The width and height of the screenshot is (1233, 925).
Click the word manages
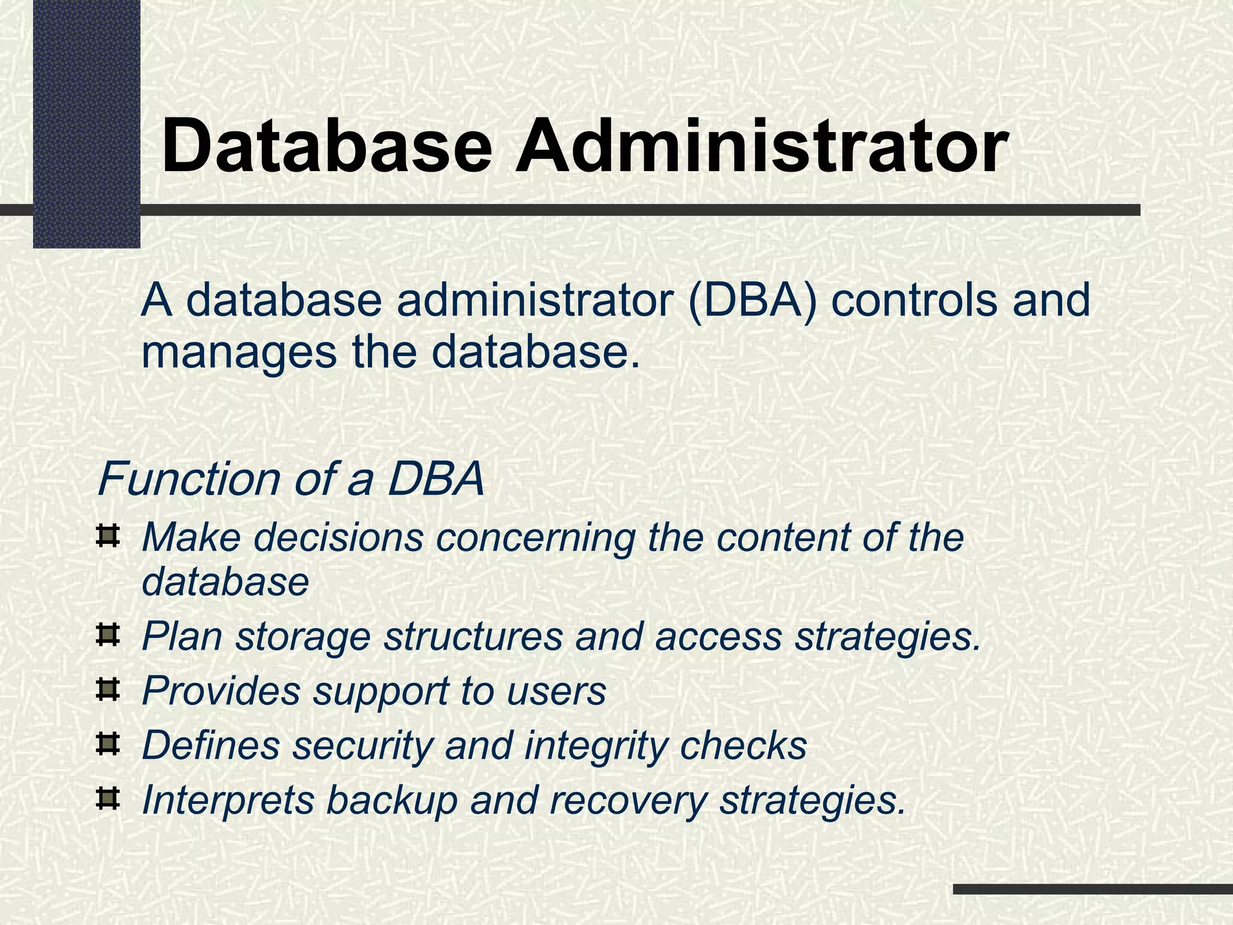(x=238, y=352)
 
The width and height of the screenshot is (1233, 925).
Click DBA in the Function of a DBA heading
(x=435, y=479)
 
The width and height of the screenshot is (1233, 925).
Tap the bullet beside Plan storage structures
(x=108, y=635)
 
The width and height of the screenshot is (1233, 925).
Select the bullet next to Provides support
(x=108, y=690)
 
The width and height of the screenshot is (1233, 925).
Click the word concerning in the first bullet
(x=536, y=537)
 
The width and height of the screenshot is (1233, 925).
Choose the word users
(x=556, y=691)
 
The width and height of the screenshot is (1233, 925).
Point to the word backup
(x=392, y=801)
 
